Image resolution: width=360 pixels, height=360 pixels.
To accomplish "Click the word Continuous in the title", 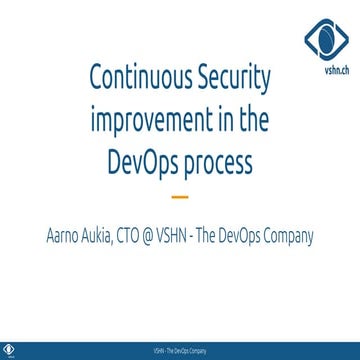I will [138, 77].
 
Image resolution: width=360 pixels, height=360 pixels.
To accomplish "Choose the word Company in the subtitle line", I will [286, 238].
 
